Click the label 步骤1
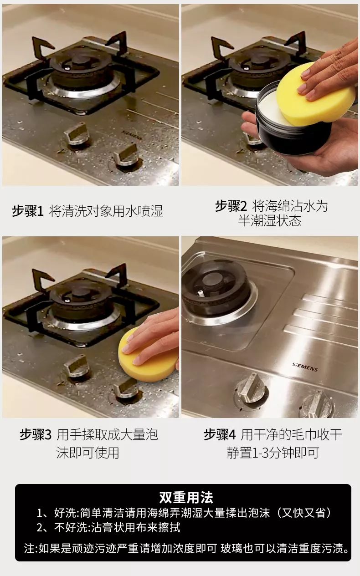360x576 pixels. click(27, 212)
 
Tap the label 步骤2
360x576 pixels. click(231, 206)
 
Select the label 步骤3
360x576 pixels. click(36, 435)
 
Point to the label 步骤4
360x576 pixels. click(220, 435)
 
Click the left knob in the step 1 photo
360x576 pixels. click(76, 136)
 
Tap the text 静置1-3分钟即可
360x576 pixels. click(273, 453)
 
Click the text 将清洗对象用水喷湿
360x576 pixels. click(106, 212)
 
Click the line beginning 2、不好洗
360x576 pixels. click(108, 528)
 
